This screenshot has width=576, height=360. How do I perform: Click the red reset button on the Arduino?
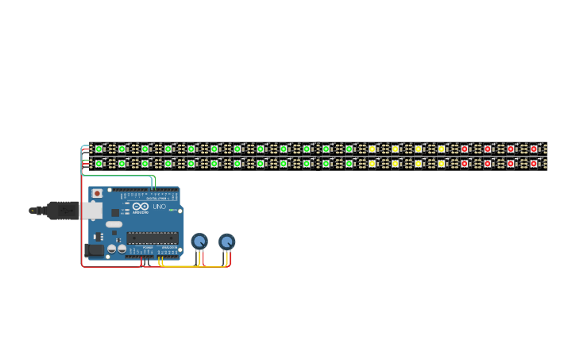[x=97, y=193]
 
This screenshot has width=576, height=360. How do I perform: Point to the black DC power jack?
[x=94, y=250]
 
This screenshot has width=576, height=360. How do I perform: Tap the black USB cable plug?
[x=62, y=211]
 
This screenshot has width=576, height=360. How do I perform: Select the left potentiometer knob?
[x=199, y=241]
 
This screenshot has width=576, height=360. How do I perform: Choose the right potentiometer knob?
[x=227, y=241]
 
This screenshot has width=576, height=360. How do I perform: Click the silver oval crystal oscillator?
[x=114, y=224]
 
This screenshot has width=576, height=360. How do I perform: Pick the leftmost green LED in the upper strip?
[x=99, y=149]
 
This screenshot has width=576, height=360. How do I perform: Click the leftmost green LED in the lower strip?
[x=99, y=164]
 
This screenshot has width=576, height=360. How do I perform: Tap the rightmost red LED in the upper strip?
[x=533, y=149]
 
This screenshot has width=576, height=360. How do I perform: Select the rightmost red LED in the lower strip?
[x=533, y=164]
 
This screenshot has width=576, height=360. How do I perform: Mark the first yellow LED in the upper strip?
[x=372, y=149]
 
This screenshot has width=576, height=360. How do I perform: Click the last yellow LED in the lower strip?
[x=441, y=164]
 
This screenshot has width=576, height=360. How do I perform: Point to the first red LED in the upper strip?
[x=464, y=149]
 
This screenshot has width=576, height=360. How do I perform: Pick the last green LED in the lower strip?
[x=349, y=164]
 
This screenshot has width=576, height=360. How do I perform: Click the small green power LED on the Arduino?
[x=172, y=211]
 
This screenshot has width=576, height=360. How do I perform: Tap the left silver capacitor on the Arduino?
[x=112, y=249]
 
